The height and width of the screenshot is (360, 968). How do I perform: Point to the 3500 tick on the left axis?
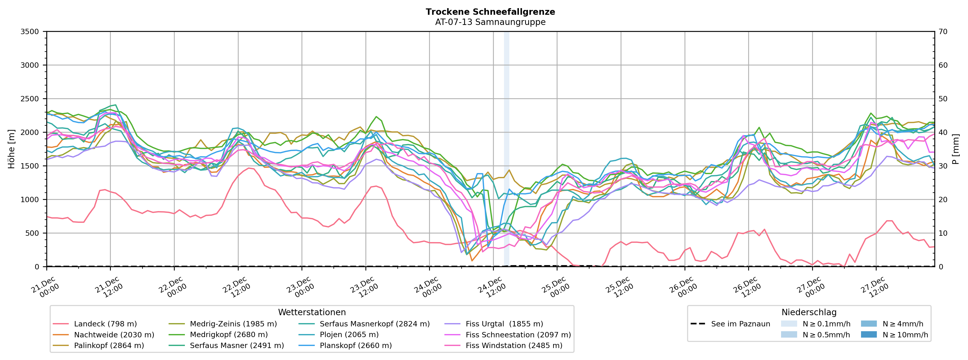(30, 32)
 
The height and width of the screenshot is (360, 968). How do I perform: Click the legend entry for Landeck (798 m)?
(105, 324)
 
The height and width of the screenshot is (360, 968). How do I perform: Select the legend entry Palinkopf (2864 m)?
(109, 345)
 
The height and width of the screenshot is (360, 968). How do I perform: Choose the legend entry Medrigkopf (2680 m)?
(228, 335)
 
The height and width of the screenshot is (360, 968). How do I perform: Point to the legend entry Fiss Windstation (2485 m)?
(514, 345)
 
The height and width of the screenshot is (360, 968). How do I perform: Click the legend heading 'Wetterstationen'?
(312, 312)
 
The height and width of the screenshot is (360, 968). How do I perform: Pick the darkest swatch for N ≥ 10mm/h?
(869, 335)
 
